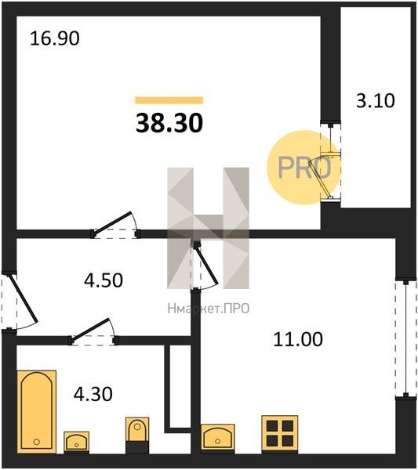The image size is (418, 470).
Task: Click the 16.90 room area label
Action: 55,39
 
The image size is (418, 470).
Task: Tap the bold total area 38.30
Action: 169,123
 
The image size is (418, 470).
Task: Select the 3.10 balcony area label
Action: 376,101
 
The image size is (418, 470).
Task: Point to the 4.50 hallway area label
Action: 104,280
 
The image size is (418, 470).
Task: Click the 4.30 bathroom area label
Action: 93,394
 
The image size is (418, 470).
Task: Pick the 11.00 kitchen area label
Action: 298,339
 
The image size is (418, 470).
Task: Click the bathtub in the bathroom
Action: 37,411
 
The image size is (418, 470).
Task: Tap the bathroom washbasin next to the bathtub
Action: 77,442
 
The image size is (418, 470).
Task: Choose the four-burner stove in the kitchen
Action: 280,433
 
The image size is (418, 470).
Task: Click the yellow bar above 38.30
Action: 169,100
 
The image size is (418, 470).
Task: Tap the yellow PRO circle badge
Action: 304,168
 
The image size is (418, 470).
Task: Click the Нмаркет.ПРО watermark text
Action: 209,309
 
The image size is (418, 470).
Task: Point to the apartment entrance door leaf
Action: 24,298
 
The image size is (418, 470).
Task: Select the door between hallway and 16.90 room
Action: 113,222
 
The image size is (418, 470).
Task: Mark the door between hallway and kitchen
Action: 206,263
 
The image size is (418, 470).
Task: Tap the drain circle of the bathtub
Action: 37,442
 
